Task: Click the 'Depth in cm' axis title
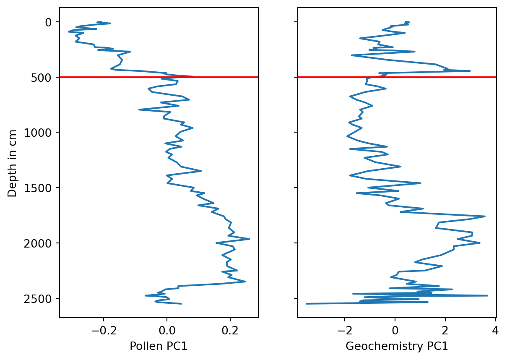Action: [x=13, y=163]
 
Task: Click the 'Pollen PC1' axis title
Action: [x=159, y=346]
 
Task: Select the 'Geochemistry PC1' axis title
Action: [x=397, y=346]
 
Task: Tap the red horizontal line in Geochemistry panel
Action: [x=440, y=77]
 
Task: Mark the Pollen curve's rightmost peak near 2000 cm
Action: [x=249, y=239]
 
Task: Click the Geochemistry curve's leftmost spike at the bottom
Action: [x=307, y=303]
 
